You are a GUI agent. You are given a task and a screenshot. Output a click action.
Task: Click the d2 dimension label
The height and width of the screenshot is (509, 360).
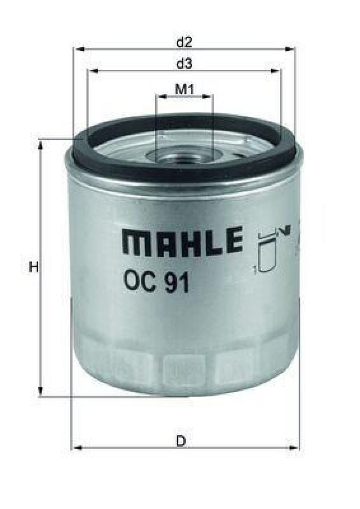tap(184, 43)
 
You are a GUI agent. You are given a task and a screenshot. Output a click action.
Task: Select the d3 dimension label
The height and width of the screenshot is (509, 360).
tap(184, 64)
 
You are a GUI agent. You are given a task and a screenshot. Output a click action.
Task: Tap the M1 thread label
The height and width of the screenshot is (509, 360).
tap(184, 89)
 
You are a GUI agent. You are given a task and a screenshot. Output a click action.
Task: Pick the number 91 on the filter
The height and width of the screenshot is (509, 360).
tap(177, 282)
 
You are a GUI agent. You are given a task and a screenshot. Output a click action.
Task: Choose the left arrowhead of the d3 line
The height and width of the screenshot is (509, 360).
tap(91, 71)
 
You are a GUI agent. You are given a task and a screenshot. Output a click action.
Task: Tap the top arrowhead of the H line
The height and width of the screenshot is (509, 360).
tap(42, 144)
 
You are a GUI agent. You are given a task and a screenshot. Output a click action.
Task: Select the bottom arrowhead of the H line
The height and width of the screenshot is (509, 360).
tap(42, 392)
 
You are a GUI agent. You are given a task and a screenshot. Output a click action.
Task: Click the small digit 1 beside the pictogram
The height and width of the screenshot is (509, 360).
tap(254, 272)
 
